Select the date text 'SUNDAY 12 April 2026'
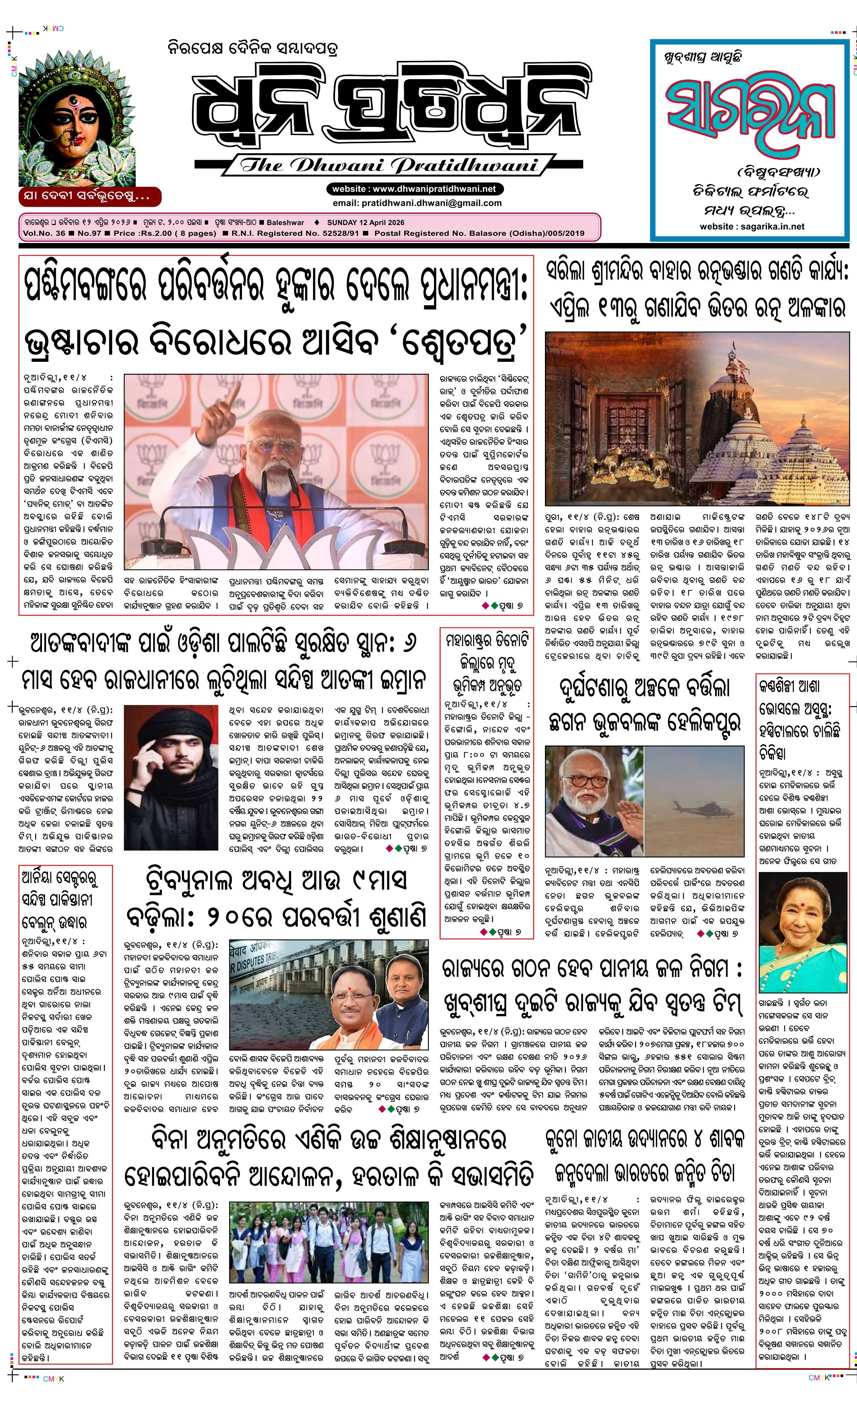(366, 222)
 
